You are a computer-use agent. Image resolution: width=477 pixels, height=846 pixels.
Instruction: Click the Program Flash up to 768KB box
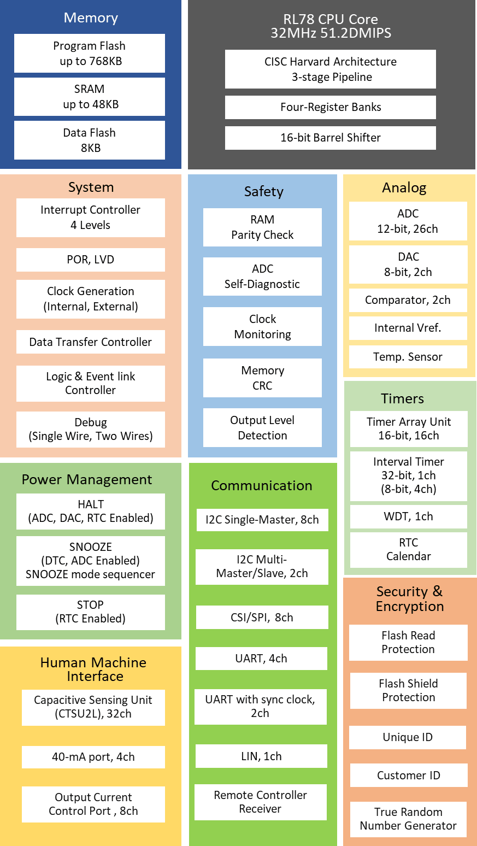pyautogui.click(x=90, y=54)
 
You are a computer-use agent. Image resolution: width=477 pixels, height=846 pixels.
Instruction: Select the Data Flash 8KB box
pyautogui.click(x=90, y=140)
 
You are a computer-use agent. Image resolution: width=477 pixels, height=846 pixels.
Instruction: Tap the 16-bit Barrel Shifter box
pyautogui.click(x=330, y=138)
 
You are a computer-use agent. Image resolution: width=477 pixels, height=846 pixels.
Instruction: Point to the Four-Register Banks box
pyautogui.click(x=330, y=107)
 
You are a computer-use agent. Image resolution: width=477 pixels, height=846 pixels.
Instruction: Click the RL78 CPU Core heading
pyautogui.click(x=331, y=26)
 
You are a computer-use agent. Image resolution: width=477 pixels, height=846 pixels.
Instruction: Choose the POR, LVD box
pyautogui.click(x=91, y=260)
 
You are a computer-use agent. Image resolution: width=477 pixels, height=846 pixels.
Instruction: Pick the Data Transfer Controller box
pyautogui.click(x=91, y=342)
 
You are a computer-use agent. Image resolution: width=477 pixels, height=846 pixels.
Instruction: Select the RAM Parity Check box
pyautogui.click(x=262, y=227)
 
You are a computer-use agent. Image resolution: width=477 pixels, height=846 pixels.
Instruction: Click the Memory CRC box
pyautogui.click(x=262, y=378)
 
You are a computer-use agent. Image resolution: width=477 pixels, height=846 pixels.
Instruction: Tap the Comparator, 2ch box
pyautogui.click(x=408, y=300)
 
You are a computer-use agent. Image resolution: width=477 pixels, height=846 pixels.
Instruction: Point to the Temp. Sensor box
pyautogui.click(x=408, y=357)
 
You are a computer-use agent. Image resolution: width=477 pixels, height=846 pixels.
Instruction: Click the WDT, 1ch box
pyautogui.click(x=408, y=516)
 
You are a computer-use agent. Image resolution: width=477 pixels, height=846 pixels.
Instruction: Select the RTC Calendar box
pyautogui.click(x=408, y=549)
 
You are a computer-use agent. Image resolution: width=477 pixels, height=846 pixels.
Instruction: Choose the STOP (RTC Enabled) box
pyautogui.click(x=91, y=612)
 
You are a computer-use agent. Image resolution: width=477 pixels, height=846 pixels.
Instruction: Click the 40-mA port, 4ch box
pyautogui.click(x=93, y=757)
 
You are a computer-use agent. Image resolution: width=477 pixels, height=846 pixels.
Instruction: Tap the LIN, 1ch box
pyautogui.click(x=261, y=756)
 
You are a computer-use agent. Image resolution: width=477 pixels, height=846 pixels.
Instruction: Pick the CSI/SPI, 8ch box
pyautogui.click(x=262, y=618)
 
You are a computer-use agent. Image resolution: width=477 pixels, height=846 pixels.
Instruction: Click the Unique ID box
pyautogui.click(x=408, y=737)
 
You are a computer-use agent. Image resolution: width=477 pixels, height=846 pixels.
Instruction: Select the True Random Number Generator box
pyautogui.click(x=408, y=819)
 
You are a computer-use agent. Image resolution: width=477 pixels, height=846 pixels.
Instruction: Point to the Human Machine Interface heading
pyautogui.click(x=94, y=669)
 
